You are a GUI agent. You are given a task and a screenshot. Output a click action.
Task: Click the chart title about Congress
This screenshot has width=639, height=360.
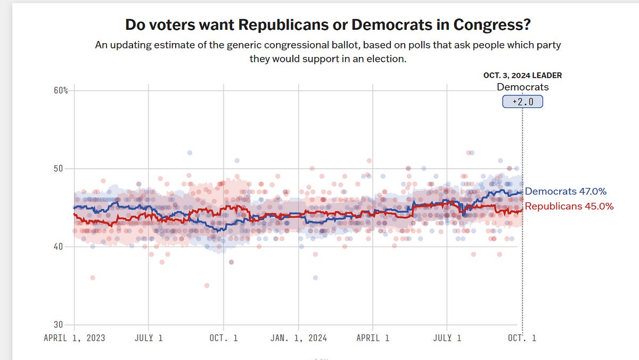327,25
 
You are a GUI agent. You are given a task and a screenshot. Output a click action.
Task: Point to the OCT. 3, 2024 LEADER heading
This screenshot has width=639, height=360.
522,75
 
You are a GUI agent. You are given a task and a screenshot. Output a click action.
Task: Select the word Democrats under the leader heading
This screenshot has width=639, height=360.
522,87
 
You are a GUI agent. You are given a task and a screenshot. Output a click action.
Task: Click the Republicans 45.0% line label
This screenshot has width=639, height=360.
569,206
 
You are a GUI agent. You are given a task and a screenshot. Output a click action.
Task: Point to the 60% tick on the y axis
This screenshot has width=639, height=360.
61,91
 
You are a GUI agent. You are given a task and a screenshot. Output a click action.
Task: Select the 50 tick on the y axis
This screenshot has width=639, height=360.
61,169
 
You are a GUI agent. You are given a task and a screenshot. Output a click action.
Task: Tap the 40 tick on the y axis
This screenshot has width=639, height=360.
61,247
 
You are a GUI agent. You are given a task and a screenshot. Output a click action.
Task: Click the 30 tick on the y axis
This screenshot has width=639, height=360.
61,325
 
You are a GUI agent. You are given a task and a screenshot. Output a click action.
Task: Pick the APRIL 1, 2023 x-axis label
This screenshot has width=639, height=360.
74,338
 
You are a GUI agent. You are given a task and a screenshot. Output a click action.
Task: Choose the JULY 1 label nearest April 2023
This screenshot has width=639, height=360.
149,338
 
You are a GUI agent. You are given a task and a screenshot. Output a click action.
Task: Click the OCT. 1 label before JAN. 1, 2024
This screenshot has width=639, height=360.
224,338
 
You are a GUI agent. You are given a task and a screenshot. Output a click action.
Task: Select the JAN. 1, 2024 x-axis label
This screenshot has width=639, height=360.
298,338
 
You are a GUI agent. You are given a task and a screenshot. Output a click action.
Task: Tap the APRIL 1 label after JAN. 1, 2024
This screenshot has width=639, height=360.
373,338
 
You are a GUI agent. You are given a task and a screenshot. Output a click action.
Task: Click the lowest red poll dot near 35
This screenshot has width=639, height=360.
207,285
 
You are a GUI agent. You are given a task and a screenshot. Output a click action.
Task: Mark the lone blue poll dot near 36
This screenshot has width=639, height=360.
315,277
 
